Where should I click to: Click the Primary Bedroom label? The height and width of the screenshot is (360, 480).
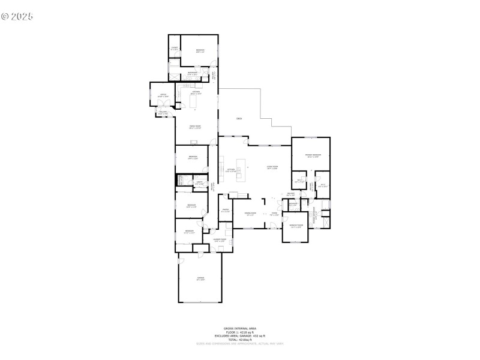[x=313, y=155]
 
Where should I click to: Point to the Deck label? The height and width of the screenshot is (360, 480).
[x=239, y=119]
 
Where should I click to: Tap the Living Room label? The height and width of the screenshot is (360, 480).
[x=272, y=169]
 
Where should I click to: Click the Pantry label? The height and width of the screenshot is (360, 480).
[x=225, y=211]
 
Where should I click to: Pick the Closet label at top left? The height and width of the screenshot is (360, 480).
[x=174, y=48]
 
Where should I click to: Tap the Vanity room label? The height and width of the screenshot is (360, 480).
[x=199, y=183]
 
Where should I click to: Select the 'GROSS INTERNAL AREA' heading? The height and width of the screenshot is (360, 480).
[x=239, y=329]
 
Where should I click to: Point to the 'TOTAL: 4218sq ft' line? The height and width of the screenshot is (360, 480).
[x=239, y=340]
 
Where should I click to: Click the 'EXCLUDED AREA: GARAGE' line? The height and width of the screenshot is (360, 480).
[x=239, y=336]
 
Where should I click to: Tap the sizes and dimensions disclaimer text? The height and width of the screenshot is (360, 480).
[x=239, y=344]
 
